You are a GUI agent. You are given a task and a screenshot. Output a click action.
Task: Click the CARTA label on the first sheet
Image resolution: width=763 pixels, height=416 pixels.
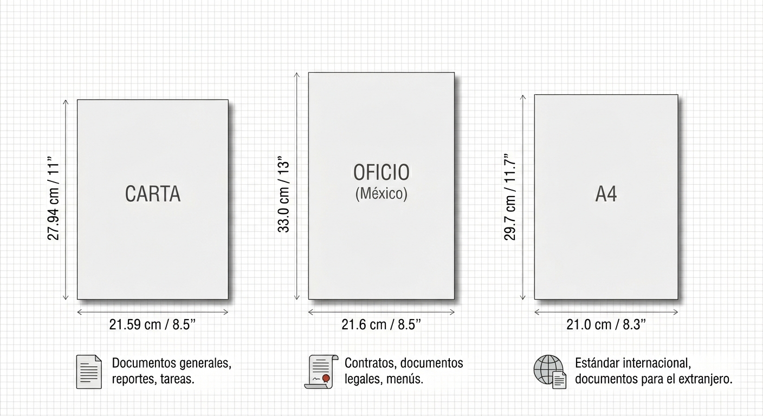click(x=153, y=194)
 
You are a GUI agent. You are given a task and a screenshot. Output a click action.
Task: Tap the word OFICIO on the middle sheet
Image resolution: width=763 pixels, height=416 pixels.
click(x=381, y=172)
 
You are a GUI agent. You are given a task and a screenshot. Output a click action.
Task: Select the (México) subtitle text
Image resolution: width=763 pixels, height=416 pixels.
click(x=381, y=194)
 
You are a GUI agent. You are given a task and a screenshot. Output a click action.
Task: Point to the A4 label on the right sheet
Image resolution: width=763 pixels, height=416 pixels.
click(x=606, y=194)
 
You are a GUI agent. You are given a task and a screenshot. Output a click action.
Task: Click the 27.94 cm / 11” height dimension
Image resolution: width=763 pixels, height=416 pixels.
click(x=54, y=198)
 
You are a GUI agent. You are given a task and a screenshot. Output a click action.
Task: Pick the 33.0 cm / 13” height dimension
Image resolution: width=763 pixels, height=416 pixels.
click(x=283, y=194)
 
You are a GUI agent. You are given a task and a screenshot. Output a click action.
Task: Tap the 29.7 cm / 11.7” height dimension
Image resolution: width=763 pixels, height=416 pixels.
click(x=510, y=197)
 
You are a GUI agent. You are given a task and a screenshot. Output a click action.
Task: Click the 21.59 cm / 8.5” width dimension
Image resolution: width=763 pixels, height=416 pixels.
click(x=152, y=324)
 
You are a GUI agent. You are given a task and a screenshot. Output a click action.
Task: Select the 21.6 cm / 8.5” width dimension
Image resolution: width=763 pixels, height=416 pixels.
click(x=381, y=324)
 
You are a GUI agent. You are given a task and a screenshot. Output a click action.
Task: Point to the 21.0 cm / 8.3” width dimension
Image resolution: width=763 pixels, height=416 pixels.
click(x=606, y=324)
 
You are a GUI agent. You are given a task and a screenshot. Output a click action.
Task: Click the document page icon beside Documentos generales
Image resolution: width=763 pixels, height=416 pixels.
click(x=89, y=372)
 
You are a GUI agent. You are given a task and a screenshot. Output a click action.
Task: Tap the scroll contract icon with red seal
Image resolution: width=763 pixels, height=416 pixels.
click(x=321, y=372)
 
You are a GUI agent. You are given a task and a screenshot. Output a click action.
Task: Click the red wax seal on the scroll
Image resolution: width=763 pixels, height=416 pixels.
click(x=326, y=378)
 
